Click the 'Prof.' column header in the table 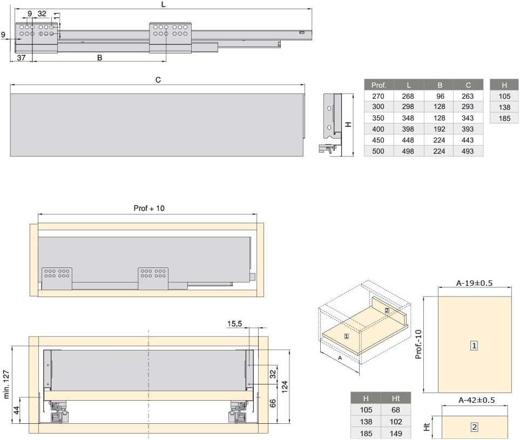[379, 85]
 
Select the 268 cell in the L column [408, 96]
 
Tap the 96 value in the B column [440, 96]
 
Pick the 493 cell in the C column [468, 151]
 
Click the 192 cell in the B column [440, 129]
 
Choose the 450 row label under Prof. [378, 140]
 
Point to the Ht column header [396, 398]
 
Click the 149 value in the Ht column [396, 434]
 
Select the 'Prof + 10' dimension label [149, 208]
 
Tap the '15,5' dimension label [234, 324]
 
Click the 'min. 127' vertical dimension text [6, 384]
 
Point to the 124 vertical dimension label [285, 387]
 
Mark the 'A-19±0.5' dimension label [474, 283]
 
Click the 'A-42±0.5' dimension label [477, 400]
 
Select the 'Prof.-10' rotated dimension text [418, 345]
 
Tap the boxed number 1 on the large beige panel [474, 346]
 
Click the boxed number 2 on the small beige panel [474, 427]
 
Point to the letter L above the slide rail [163, 5]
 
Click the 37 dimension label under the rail [21, 58]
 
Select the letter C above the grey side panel [158, 80]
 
